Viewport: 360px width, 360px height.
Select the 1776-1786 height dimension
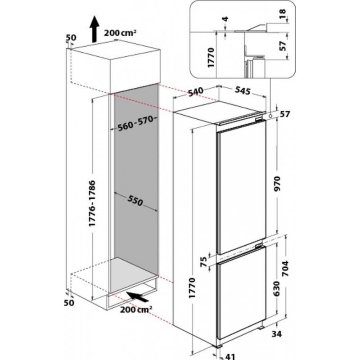click(x=92, y=203)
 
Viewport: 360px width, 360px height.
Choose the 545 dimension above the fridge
click(x=243, y=90)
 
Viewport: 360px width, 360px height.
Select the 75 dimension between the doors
click(x=204, y=262)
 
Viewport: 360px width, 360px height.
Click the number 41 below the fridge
click(x=230, y=356)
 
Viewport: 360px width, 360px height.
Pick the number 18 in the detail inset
click(x=283, y=14)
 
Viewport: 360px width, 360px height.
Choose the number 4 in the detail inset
click(x=226, y=19)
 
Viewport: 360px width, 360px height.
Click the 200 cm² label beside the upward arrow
click(x=120, y=33)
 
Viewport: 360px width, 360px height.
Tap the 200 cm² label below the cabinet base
click(x=136, y=310)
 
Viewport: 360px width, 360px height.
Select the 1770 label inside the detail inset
click(x=211, y=58)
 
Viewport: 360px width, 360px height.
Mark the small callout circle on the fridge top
click(x=270, y=116)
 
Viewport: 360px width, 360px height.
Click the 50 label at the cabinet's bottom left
click(x=69, y=302)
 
